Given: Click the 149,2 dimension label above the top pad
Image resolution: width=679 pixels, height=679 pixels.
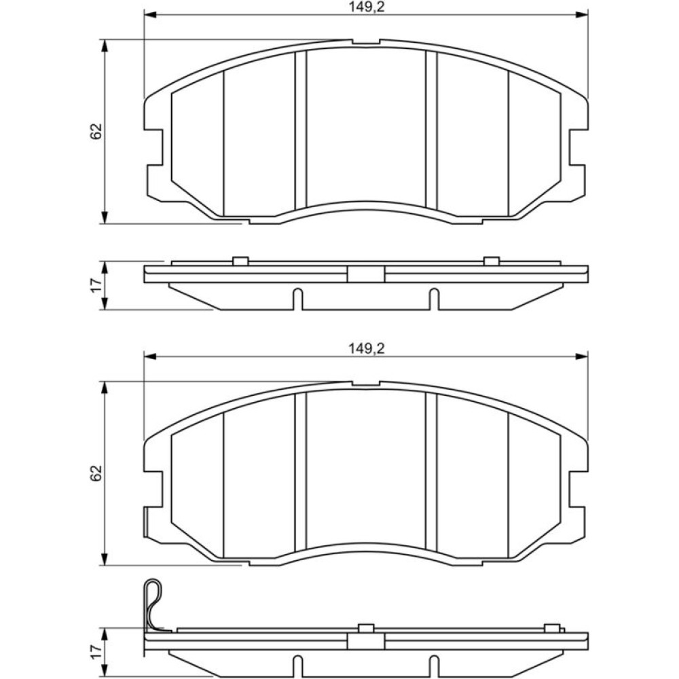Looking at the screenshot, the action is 367,7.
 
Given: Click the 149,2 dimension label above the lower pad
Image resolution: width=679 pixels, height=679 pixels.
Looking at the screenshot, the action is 367,348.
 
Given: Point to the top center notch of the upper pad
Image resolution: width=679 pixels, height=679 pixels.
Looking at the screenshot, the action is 366,42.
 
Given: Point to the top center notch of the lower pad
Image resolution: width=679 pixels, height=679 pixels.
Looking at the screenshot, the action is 366,384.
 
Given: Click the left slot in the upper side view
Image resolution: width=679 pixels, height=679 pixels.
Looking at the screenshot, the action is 297,299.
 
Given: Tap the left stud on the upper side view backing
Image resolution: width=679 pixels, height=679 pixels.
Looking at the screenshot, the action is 240,261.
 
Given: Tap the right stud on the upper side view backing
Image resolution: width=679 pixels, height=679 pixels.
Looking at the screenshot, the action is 492,261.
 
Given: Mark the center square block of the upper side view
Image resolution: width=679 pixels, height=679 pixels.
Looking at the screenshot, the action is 366,274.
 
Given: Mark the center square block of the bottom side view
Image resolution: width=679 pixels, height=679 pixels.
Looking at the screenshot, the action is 366,642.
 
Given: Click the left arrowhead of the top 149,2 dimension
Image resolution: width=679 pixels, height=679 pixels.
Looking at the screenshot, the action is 149,15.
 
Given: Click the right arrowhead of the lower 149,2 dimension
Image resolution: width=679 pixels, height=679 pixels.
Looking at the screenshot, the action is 582,356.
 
